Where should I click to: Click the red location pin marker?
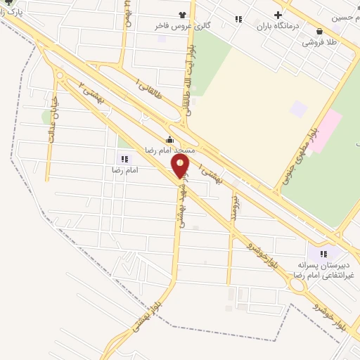pyautogui.click(x=180, y=167)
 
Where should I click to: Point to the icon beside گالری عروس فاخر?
pyautogui.click(x=184, y=14)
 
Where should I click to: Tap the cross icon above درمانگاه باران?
pyautogui.click(x=278, y=15)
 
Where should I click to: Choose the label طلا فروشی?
pyautogui.click(x=320, y=42)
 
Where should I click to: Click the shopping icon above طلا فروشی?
pyautogui.click(x=320, y=31)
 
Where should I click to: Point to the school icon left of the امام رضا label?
pyautogui.click(x=124, y=160)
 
